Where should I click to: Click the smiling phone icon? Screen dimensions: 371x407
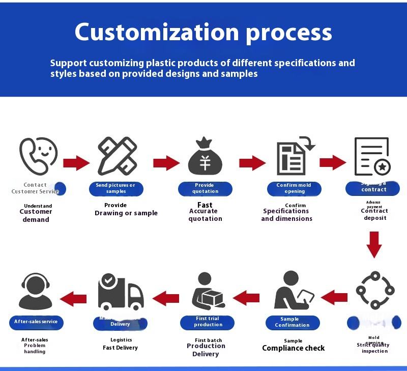38,156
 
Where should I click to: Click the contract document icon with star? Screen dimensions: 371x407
372,157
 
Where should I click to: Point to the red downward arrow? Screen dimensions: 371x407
374,244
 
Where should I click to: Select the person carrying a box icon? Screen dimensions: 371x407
207,292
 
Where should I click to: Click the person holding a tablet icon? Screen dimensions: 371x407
293,292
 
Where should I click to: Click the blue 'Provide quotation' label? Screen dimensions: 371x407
205,188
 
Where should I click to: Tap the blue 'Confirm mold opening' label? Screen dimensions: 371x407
294,188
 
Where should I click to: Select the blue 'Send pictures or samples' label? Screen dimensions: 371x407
116,188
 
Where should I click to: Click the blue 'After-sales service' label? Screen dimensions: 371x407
36,322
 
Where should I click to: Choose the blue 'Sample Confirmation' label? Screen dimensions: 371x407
293,322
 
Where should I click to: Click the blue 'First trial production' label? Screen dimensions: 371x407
208,322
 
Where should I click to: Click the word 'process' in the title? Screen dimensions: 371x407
289,32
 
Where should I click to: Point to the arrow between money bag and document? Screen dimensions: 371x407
252,163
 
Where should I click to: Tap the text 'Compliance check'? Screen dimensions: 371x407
293,349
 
